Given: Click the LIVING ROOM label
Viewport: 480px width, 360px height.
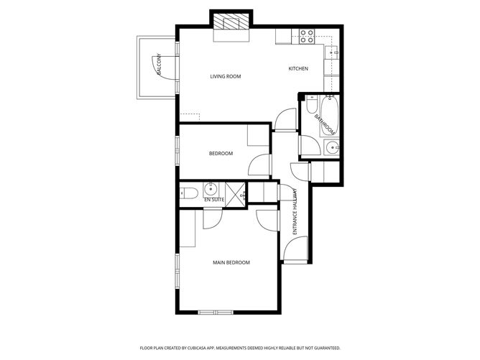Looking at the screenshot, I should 225,76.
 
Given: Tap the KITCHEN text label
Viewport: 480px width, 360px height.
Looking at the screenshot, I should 298,69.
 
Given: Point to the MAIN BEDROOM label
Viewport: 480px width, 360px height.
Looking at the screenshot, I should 231,263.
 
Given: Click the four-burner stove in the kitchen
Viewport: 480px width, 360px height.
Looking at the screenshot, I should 307,35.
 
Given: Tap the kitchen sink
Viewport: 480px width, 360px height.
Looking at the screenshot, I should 333,52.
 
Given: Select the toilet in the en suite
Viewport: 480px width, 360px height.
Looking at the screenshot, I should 188,192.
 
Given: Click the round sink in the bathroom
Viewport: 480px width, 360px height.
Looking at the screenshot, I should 332,149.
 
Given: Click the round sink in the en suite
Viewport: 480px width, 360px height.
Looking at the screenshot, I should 211,190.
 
